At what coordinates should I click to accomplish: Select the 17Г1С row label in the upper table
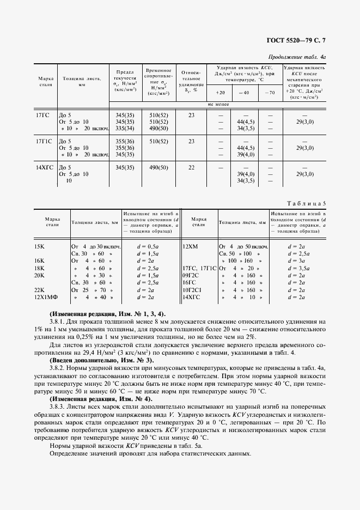coord(44,141)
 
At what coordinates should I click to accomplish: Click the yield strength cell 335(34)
coord(125,129)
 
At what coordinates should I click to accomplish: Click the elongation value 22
coord(191,167)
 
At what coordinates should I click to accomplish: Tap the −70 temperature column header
coord(270,93)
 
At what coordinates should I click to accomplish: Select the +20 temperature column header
coord(220,93)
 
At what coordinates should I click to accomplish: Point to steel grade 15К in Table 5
coord(39,246)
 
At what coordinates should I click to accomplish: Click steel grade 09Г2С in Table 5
coord(191,275)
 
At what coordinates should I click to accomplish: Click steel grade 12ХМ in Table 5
coord(191,246)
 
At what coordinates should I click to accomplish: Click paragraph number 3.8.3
coord(58,406)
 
